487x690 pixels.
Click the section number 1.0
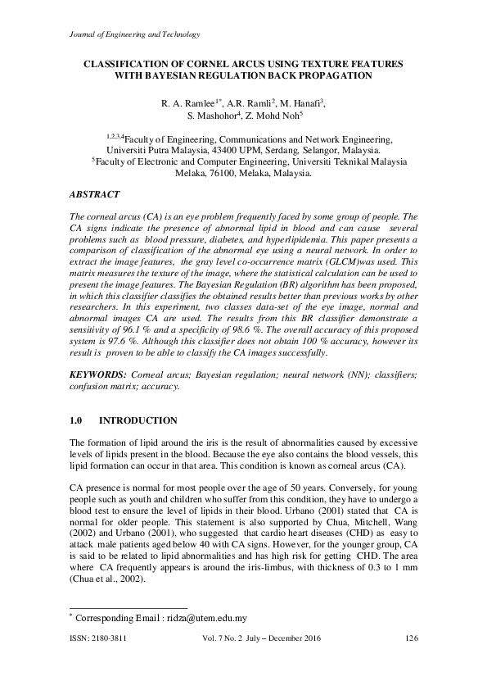pos(78,421)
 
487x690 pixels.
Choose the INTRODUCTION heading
pos(138,421)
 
